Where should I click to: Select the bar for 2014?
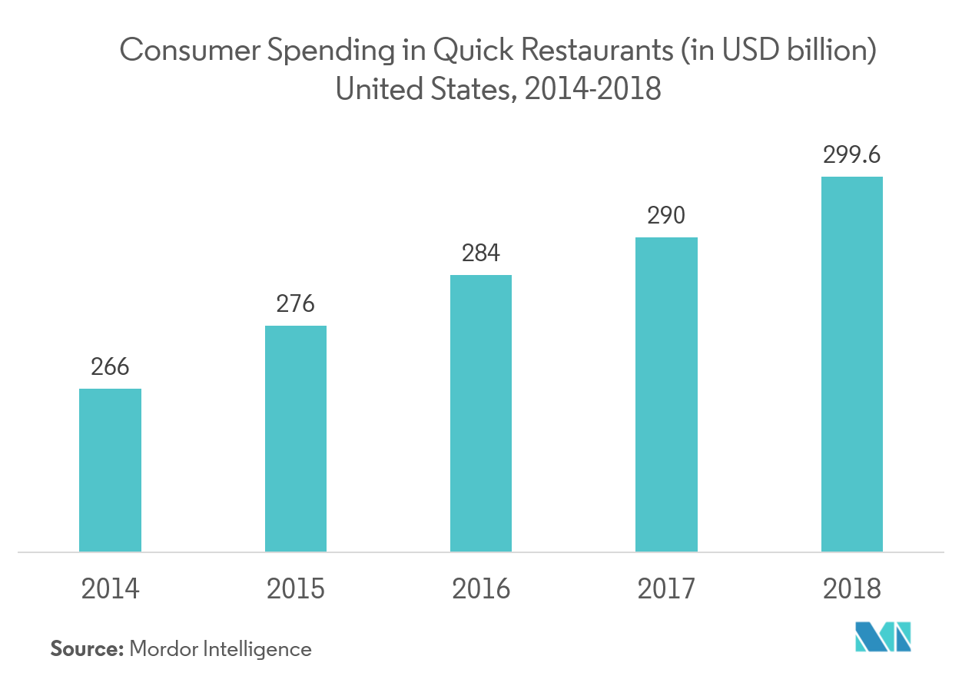click(110, 469)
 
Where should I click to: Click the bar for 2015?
click(295, 438)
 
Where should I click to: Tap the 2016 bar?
click(480, 413)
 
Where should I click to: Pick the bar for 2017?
click(666, 393)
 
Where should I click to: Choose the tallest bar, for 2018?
click(851, 363)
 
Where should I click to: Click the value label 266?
click(110, 366)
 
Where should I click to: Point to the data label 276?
click(295, 303)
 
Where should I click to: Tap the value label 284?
click(480, 253)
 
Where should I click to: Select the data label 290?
click(666, 215)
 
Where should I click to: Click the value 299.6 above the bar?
click(851, 154)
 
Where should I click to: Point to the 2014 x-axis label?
click(110, 589)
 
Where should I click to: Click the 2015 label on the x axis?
click(295, 589)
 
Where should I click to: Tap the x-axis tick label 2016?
click(480, 589)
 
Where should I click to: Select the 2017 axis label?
click(666, 589)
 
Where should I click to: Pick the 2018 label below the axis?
click(851, 589)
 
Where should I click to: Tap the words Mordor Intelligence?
click(221, 649)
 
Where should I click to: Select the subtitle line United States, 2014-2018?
click(498, 90)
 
